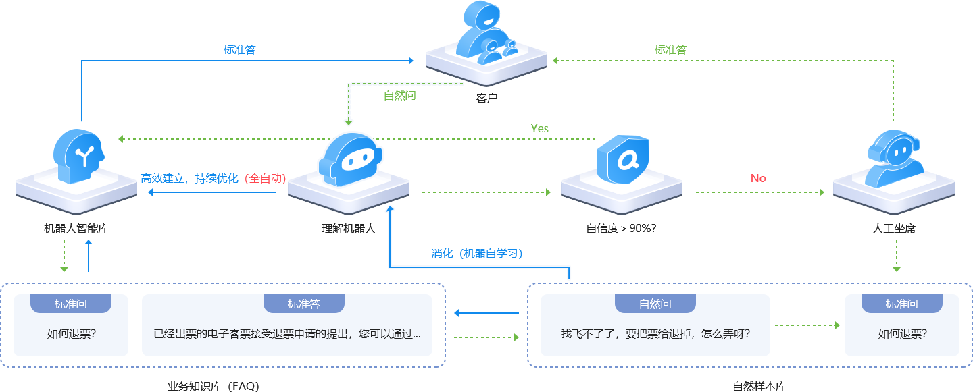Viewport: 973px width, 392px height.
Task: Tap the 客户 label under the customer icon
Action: [487, 99]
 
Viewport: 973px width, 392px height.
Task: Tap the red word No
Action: [758, 178]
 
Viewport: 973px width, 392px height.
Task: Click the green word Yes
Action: [540, 128]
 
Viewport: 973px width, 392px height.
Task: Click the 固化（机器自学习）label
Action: [479, 254]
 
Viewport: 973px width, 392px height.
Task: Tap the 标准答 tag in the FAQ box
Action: [303, 304]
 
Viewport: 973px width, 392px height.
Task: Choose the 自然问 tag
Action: [655, 304]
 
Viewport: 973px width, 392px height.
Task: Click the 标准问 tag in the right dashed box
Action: [901, 304]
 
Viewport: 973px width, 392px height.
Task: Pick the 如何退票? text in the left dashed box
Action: [71, 333]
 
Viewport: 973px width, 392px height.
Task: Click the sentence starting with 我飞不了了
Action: [655, 333]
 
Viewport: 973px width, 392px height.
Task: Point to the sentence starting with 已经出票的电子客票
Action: [287, 333]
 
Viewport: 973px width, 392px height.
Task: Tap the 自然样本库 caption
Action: [759, 387]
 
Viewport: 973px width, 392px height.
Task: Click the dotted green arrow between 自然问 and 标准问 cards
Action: [807, 325]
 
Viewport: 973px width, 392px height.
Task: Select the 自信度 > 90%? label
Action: [622, 229]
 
